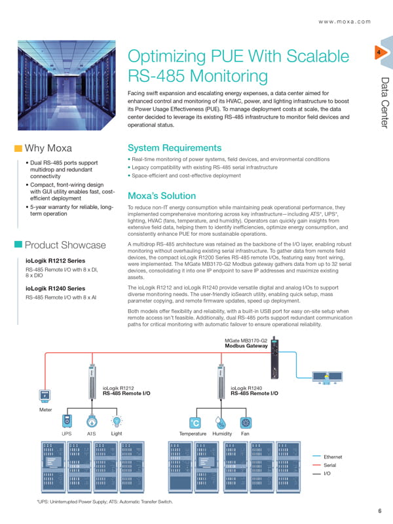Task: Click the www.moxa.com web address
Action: point(345,22)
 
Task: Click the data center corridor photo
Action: point(67,85)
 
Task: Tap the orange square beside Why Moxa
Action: point(18,149)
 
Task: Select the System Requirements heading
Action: point(174,148)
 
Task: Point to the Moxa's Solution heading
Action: point(162,196)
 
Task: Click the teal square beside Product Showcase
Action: point(18,244)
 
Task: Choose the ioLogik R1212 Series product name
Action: point(56,261)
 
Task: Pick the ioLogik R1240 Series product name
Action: point(56,288)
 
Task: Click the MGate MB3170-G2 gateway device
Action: point(274,358)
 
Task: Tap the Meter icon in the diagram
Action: point(45,396)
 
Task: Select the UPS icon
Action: point(67,421)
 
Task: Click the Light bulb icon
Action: point(117,421)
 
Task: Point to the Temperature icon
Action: point(195,422)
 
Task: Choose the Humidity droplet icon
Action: point(220,422)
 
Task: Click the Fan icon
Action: point(246,422)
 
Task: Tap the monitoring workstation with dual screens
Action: point(327,378)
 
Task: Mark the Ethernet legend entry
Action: point(327,457)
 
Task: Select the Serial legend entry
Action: point(324,465)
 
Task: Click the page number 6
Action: point(380,511)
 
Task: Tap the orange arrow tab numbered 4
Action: point(381,52)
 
